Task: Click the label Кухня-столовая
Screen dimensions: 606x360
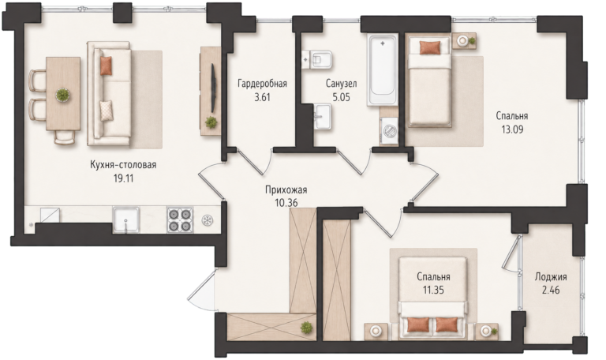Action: (x=123, y=165)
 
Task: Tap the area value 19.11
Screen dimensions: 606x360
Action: (x=124, y=178)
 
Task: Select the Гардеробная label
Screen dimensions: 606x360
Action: (x=263, y=84)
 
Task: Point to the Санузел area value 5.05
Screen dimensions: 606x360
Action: (x=341, y=97)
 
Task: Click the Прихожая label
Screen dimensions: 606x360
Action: (x=286, y=189)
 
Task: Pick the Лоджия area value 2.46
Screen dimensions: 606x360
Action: (x=551, y=290)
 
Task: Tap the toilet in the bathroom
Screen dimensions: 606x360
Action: (x=317, y=59)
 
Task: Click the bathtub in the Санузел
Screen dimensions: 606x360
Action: (x=382, y=70)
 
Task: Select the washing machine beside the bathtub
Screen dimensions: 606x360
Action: (x=389, y=131)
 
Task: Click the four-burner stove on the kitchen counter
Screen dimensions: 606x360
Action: (x=180, y=220)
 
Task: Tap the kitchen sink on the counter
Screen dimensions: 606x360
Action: (x=126, y=220)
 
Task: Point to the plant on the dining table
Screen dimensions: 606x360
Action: (x=62, y=95)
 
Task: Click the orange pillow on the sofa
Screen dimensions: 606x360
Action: (x=106, y=66)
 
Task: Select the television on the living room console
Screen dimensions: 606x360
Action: (x=212, y=88)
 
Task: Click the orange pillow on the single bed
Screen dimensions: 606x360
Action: (x=430, y=47)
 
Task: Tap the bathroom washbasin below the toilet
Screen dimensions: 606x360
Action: (x=322, y=116)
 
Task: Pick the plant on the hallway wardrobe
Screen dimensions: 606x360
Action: (x=306, y=328)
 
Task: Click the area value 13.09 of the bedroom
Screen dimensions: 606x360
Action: (x=512, y=129)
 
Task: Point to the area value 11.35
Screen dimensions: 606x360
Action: (x=433, y=290)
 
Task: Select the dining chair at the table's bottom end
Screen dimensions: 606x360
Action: (x=65, y=137)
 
